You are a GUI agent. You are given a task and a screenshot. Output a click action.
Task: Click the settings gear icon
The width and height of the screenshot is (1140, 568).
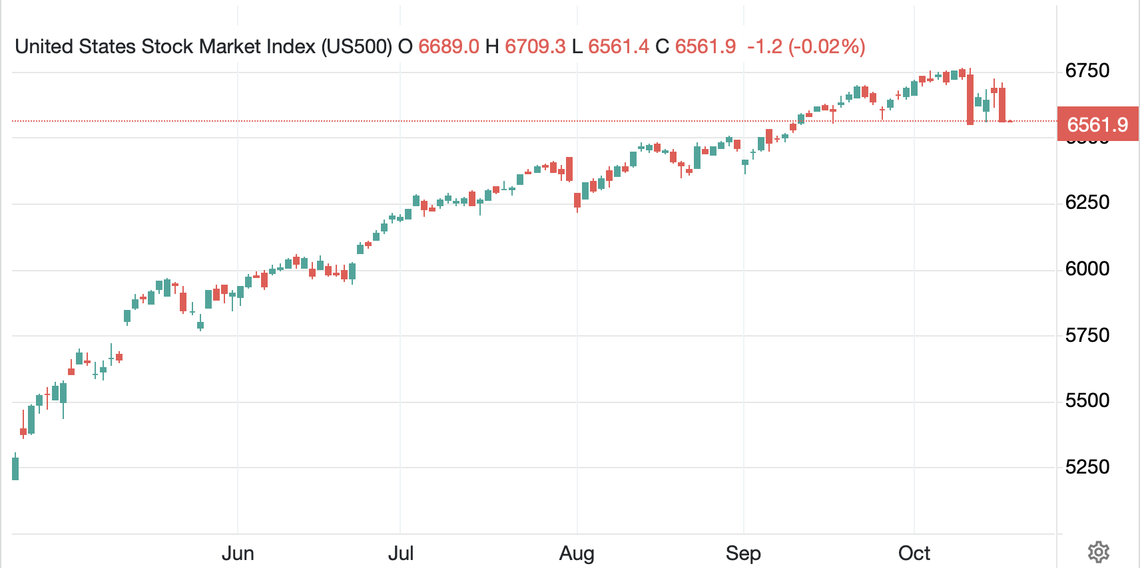tap(1098, 552)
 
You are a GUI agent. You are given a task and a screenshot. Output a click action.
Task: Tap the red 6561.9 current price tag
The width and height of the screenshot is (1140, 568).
tap(1097, 124)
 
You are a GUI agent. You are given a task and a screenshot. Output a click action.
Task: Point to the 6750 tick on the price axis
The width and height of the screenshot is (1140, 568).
tap(1087, 71)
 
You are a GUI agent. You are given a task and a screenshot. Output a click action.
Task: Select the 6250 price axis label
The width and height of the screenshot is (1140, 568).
tap(1087, 202)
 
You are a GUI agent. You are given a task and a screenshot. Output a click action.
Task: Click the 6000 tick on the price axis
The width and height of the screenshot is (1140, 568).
tap(1087, 269)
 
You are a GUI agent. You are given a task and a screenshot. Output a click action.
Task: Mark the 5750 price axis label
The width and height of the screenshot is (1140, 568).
tap(1087, 335)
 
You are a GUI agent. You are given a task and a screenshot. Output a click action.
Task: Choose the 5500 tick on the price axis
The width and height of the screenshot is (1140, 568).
tap(1087, 400)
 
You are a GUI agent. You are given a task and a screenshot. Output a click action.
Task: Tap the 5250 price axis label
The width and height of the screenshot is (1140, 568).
tap(1087, 466)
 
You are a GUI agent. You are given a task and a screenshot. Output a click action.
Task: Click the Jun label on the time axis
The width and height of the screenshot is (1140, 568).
tap(238, 553)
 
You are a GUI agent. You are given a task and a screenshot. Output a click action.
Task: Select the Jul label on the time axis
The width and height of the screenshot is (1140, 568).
tap(400, 553)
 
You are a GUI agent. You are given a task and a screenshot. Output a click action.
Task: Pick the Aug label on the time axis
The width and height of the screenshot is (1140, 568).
tap(577, 553)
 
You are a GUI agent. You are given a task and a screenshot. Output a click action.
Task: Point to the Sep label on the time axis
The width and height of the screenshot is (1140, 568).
tap(743, 553)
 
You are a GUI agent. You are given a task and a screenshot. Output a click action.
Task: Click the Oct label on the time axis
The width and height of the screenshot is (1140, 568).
tap(914, 553)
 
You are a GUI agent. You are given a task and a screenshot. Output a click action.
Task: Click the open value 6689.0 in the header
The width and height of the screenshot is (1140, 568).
tap(448, 47)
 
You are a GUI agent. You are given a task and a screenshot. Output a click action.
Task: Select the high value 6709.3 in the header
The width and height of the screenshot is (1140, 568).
tap(535, 47)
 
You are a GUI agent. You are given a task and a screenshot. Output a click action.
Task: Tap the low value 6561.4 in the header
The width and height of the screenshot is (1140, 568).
tap(618, 47)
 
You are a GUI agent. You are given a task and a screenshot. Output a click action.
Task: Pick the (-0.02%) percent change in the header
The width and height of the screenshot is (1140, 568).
tap(826, 47)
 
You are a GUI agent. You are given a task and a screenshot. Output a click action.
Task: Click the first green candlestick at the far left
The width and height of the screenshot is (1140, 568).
tap(15, 468)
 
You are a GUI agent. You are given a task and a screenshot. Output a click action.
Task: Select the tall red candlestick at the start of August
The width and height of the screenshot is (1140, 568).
tap(569, 169)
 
